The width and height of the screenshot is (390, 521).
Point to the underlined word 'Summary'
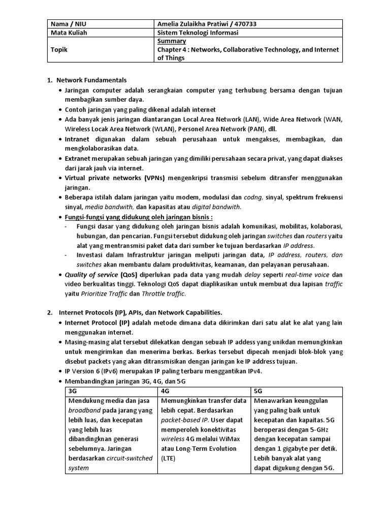[x=171, y=41]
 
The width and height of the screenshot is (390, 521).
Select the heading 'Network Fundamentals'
[x=91, y=80]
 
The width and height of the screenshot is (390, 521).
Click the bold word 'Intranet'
[x=78, y=139]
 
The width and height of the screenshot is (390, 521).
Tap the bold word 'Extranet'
[x=79, y=159]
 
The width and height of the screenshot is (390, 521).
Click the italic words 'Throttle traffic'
[x=164, y=294]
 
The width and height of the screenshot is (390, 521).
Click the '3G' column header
[x=73, y=391]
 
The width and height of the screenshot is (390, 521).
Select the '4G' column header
[x=165, y=391]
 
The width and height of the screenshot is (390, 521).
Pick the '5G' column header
[x=258, y=391]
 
